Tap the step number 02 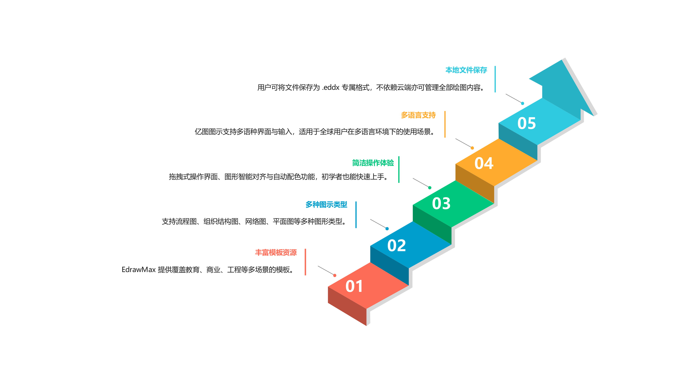(396, 246)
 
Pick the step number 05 (527, 124)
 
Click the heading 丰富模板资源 (276, 253)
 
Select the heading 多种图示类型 (326, 205)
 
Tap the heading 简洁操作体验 (373, 163)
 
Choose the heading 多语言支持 (418, 115)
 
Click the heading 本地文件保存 (466, 70)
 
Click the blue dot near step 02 (387, 229)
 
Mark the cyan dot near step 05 (523, 104)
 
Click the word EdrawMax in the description (138, 270)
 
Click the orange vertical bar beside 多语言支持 (445, 124)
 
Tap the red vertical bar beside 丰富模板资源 (305, 262)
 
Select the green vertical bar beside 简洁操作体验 (399, 170)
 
